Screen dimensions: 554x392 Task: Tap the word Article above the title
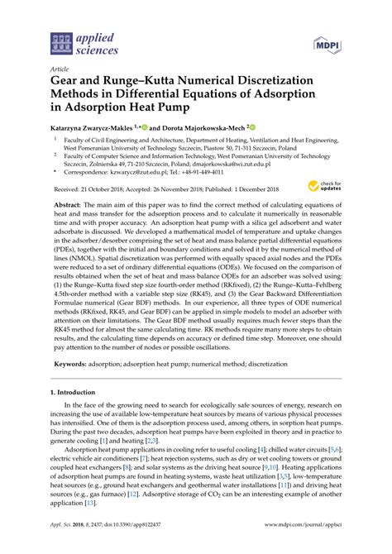coord(59,71)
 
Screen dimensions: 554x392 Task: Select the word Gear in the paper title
coord(69,84)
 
